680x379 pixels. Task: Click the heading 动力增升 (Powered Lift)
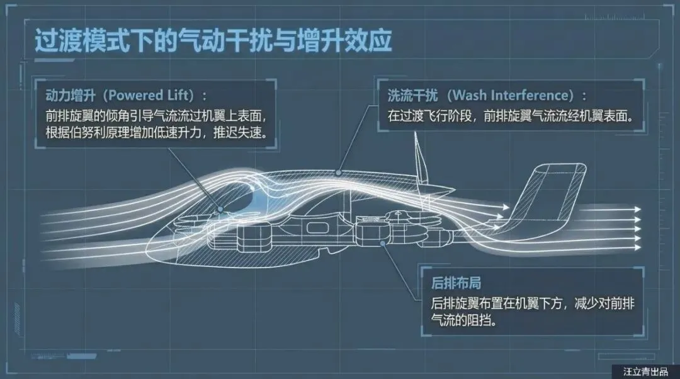tap(126, 96)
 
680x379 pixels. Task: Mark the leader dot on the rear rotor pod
tap(382, 242)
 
